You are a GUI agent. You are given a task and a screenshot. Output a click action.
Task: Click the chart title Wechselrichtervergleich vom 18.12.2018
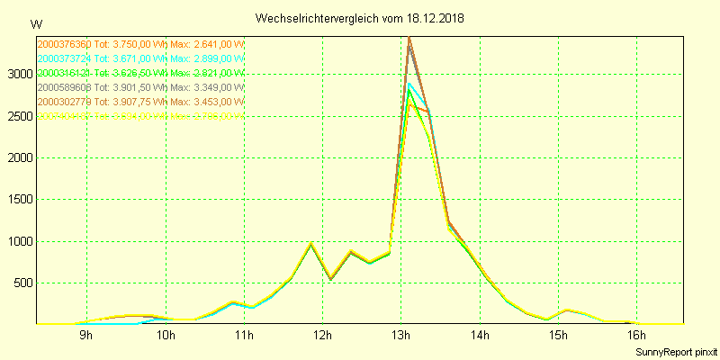[x=359, y=18]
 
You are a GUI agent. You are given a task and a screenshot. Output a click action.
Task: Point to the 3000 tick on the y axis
[x=19, y=75]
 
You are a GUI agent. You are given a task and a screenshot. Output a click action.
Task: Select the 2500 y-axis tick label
[x=19, y=116]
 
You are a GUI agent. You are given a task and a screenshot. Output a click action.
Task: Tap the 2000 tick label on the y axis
[x=19, y=158]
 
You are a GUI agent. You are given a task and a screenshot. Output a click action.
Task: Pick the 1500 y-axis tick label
[x=19, y=200]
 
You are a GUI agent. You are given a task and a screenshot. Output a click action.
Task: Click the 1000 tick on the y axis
[x=19, y=242]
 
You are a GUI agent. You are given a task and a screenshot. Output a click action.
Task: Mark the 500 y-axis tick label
[x=22, y=283]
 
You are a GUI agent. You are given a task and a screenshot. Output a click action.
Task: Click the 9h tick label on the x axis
[x=86, y=337]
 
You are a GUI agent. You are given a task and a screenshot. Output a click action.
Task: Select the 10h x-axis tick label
[x=166, y=337]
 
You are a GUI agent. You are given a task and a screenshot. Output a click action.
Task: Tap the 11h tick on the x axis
[x=244, y=337]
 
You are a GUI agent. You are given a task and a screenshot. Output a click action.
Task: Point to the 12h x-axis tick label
[x=323, y=337]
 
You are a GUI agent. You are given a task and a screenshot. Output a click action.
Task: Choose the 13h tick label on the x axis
[x=401, y=337]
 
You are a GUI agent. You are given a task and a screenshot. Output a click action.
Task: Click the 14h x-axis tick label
[x=481, y=337]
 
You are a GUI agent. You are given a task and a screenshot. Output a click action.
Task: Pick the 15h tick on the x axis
[x=559, y=337]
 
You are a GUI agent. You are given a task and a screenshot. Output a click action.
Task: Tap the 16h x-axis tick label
[x=638, y=337]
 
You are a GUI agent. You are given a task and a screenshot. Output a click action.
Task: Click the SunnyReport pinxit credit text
[x=674, y=352]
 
